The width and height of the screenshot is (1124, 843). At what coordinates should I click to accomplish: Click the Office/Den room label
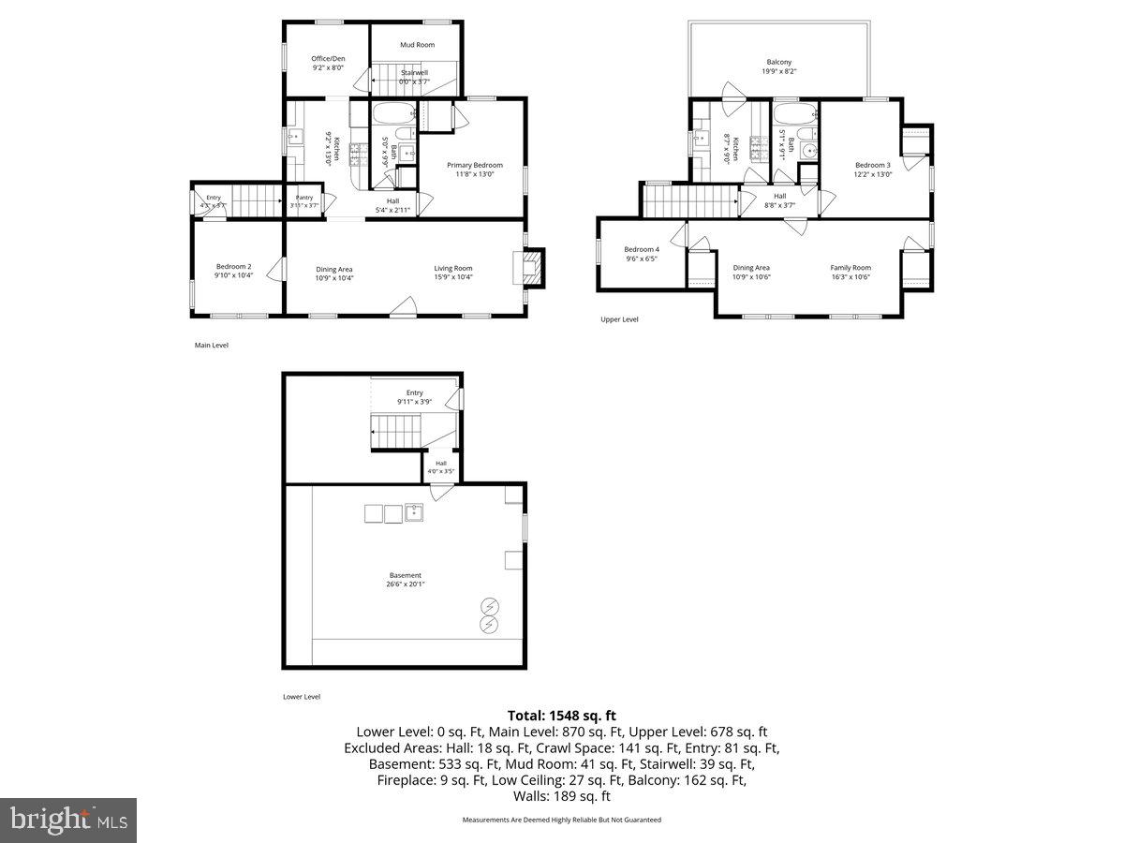328,58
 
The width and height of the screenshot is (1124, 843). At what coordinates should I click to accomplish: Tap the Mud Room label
417,45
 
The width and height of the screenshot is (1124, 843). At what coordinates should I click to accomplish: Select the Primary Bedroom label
474,165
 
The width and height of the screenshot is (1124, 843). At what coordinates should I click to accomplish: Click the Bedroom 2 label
234,267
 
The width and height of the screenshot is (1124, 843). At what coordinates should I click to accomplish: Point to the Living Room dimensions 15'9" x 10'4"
453,277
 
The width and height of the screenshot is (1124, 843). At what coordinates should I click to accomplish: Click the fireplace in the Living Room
531,266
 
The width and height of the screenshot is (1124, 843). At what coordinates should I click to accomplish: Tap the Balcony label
779,62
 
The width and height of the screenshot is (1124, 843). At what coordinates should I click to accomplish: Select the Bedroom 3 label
872,165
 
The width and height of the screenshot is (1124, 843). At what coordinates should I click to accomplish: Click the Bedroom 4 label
642,249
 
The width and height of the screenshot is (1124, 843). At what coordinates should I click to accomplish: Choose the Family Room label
850,268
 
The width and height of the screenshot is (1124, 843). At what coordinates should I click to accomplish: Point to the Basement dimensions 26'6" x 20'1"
406,584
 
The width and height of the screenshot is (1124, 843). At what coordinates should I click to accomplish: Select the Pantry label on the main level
304,197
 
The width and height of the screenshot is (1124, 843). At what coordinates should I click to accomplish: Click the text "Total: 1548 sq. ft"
562,715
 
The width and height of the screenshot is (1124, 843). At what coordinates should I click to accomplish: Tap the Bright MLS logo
68,821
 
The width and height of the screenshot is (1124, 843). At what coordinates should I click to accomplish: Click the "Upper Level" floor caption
619,319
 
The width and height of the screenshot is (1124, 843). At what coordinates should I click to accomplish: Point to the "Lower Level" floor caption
302,697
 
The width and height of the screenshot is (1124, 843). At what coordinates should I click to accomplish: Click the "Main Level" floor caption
211,346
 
